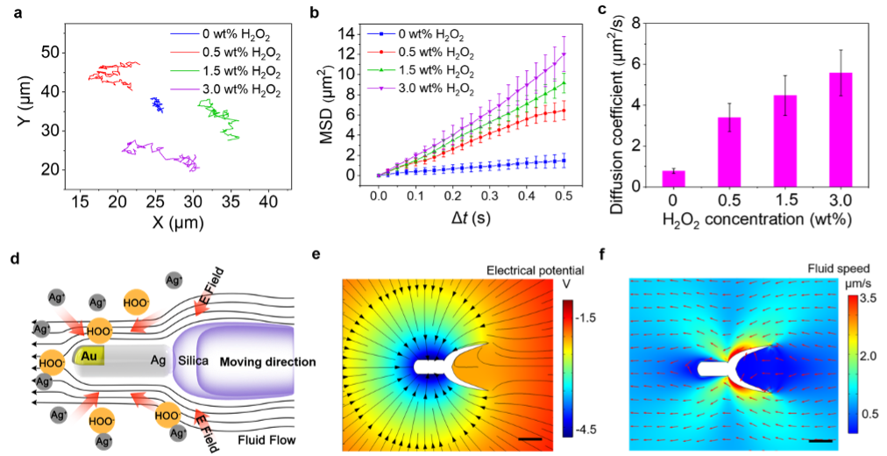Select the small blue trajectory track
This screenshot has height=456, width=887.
pos(158,105)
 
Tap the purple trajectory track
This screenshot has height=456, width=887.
pos(162,153)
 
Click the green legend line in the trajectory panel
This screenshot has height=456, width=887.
pos(185,71)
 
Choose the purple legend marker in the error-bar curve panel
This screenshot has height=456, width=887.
pos(381,89)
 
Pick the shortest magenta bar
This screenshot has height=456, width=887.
pos(673,178)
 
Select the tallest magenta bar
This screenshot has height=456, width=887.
pos(841,129)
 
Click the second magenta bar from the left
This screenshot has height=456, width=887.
pos(729,152)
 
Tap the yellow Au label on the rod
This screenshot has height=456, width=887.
pos(89,356)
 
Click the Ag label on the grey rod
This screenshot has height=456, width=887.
pos(158,360)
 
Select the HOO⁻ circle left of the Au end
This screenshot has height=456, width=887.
pos(52,362)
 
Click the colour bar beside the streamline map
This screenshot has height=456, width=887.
pos(568,367)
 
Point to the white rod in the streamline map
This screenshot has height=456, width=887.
pos(430,366)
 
